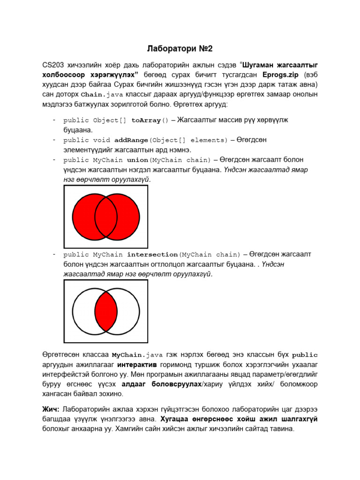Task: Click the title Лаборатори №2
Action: coord(180,48)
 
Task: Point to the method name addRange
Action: coord(131,140)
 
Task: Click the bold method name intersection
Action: coord(152,255)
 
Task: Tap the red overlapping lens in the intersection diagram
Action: coord(106,311)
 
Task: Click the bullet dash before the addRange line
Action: coord(54,140)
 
